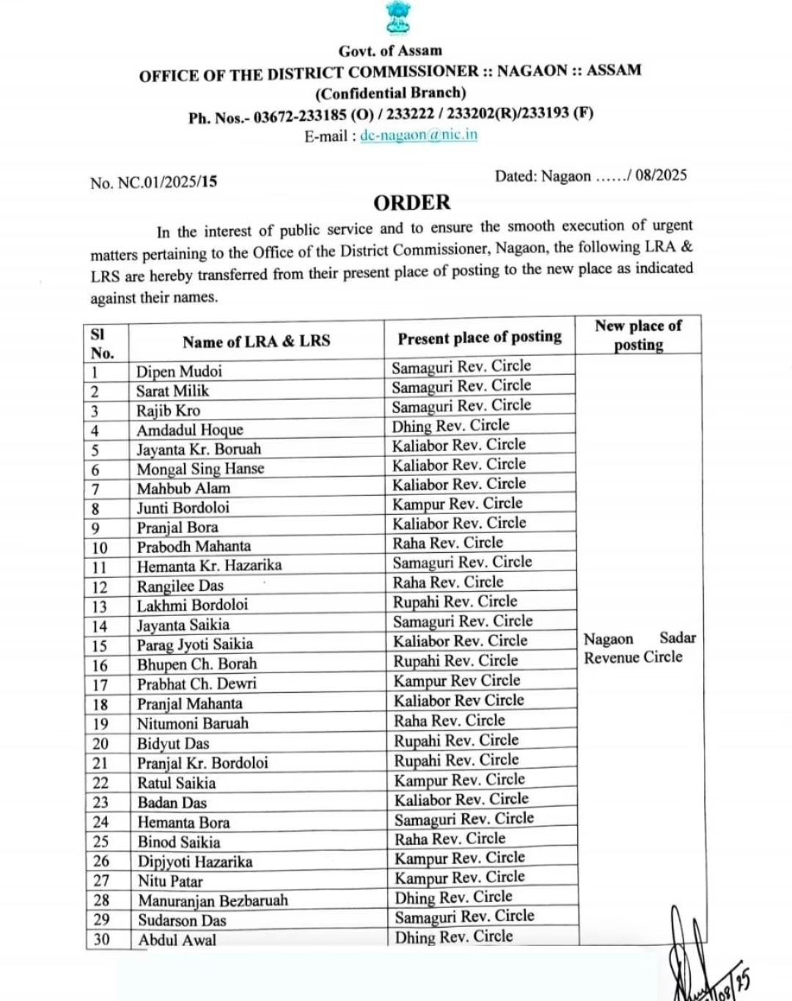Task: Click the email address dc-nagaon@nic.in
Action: [419, 135]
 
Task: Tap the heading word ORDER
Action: [411, 202]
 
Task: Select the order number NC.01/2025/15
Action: [167, 182]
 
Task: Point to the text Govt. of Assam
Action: [390, 51]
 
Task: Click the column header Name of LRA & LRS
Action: [256, 341]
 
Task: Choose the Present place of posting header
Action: [480, 337]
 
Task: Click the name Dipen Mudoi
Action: [179, 371]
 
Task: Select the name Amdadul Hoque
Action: [189, 430]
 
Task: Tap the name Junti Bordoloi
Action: [183, 507]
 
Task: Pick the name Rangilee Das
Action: [180, 586]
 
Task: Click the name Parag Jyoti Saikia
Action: [194, 645]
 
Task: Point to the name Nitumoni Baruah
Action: [192, 723]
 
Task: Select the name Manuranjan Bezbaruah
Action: [213, 901]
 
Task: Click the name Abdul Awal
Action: [177, 939]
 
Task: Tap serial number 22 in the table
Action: [100, 782]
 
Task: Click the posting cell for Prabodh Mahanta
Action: [447, 543]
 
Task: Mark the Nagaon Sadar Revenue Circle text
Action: [639, 648]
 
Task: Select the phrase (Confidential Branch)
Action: [390, 93]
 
